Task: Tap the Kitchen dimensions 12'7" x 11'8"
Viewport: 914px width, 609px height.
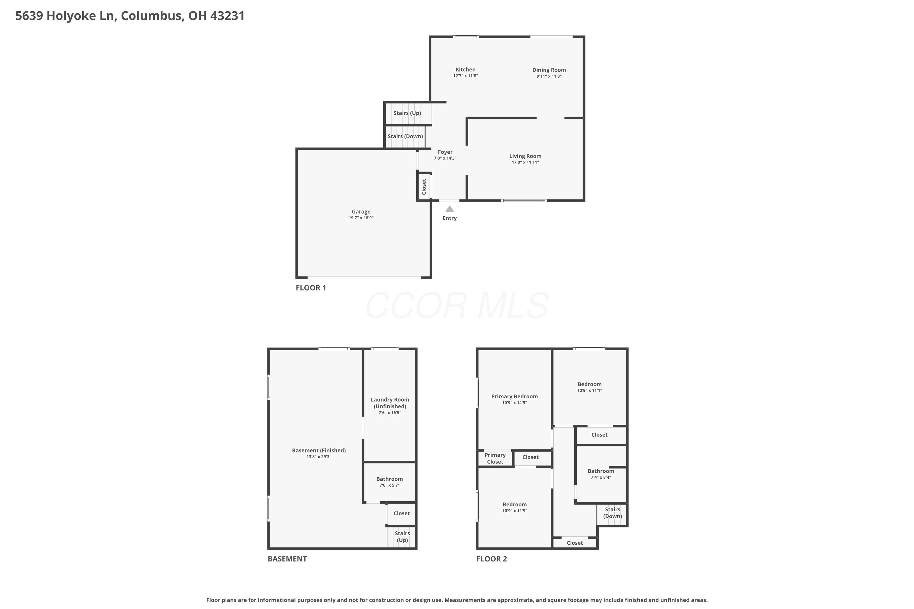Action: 465,76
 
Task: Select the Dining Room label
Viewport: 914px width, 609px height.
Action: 549,70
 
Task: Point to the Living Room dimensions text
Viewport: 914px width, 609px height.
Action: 525,162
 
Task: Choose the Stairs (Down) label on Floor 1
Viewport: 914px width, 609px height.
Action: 405,136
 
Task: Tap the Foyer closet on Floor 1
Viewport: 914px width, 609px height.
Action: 424,187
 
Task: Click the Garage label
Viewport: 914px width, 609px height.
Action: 361,212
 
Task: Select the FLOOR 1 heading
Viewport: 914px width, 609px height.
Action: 310,288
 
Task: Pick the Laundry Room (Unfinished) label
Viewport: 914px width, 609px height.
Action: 389,403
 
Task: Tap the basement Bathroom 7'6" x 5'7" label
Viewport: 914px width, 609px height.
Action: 389,479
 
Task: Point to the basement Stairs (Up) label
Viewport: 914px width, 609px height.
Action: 402,537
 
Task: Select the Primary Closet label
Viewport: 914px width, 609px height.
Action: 495,458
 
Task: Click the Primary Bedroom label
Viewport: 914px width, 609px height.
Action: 514,396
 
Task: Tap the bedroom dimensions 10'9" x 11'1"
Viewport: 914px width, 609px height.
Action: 589,391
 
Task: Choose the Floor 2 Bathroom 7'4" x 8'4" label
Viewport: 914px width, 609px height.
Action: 600,471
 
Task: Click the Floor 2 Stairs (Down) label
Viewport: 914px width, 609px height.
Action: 612,513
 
